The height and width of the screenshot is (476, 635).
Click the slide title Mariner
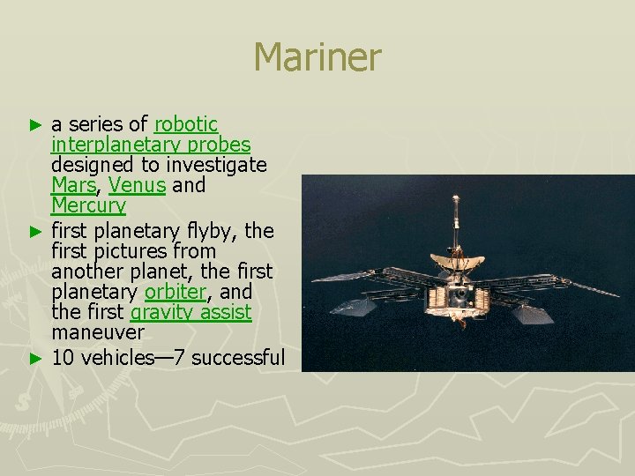317,58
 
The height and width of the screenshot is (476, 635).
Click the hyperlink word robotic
185,124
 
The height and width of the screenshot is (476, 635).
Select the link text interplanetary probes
151,145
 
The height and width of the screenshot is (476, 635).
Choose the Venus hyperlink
137,185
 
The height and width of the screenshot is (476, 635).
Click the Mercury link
88,206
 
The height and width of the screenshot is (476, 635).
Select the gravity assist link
190,313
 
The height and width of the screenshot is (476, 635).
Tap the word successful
237,357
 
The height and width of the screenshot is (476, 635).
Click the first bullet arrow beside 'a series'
35,125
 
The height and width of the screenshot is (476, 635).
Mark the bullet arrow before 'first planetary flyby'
35,232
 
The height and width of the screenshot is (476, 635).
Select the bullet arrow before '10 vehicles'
35,358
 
